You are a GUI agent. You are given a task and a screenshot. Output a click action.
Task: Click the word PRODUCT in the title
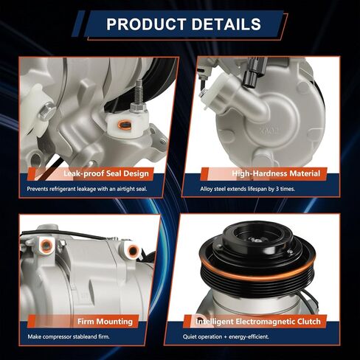[x=144, y=24]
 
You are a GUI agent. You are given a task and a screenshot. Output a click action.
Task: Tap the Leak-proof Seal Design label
[x=106, y=174]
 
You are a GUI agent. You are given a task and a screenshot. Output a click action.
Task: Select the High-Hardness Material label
[x=276, y=174]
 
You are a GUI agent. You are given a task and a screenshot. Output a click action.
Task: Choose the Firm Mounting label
[x=105, y=322]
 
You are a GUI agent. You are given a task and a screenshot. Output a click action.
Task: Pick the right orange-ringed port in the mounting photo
[x=133, y=252]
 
